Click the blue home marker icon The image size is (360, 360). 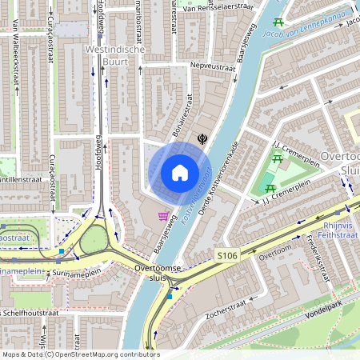(x=180, y=173)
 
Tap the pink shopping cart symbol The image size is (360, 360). (x=164, y=216)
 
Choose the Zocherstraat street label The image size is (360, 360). (x=237, y=305)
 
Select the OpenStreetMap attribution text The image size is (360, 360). (x=80, y=354)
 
